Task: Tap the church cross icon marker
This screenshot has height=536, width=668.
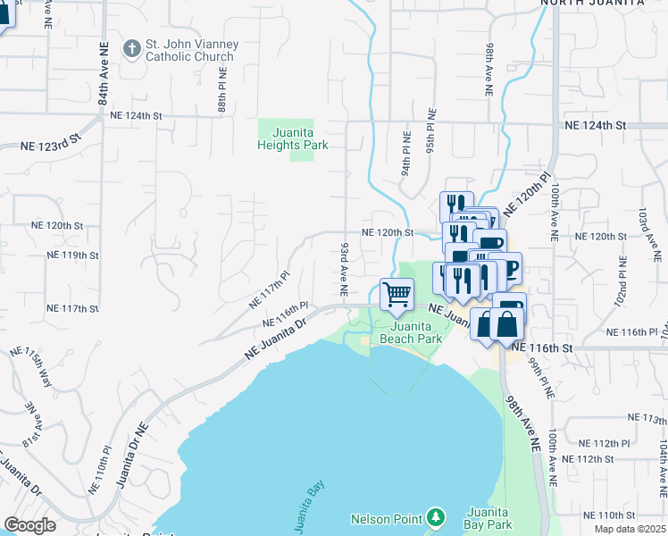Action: pyautogui.click(x=131, y=48)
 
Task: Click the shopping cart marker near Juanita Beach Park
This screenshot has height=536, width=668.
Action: pyautogui.click(x=397, y=294)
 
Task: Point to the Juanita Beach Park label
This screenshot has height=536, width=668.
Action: pyautogui.click(x=411, y=333)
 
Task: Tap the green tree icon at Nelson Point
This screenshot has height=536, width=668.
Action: pyautogui.click(x=435, y=517)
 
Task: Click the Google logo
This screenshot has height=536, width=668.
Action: pyautogui.click(x=29, y=525)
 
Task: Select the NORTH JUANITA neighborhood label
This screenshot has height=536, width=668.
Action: pyautogui.click(x=592, y=4)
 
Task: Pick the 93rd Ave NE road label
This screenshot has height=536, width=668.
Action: pyautogui.click(x=343, y=268)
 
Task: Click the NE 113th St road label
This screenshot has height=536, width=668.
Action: pyautogui.click(x=646, y=418)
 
